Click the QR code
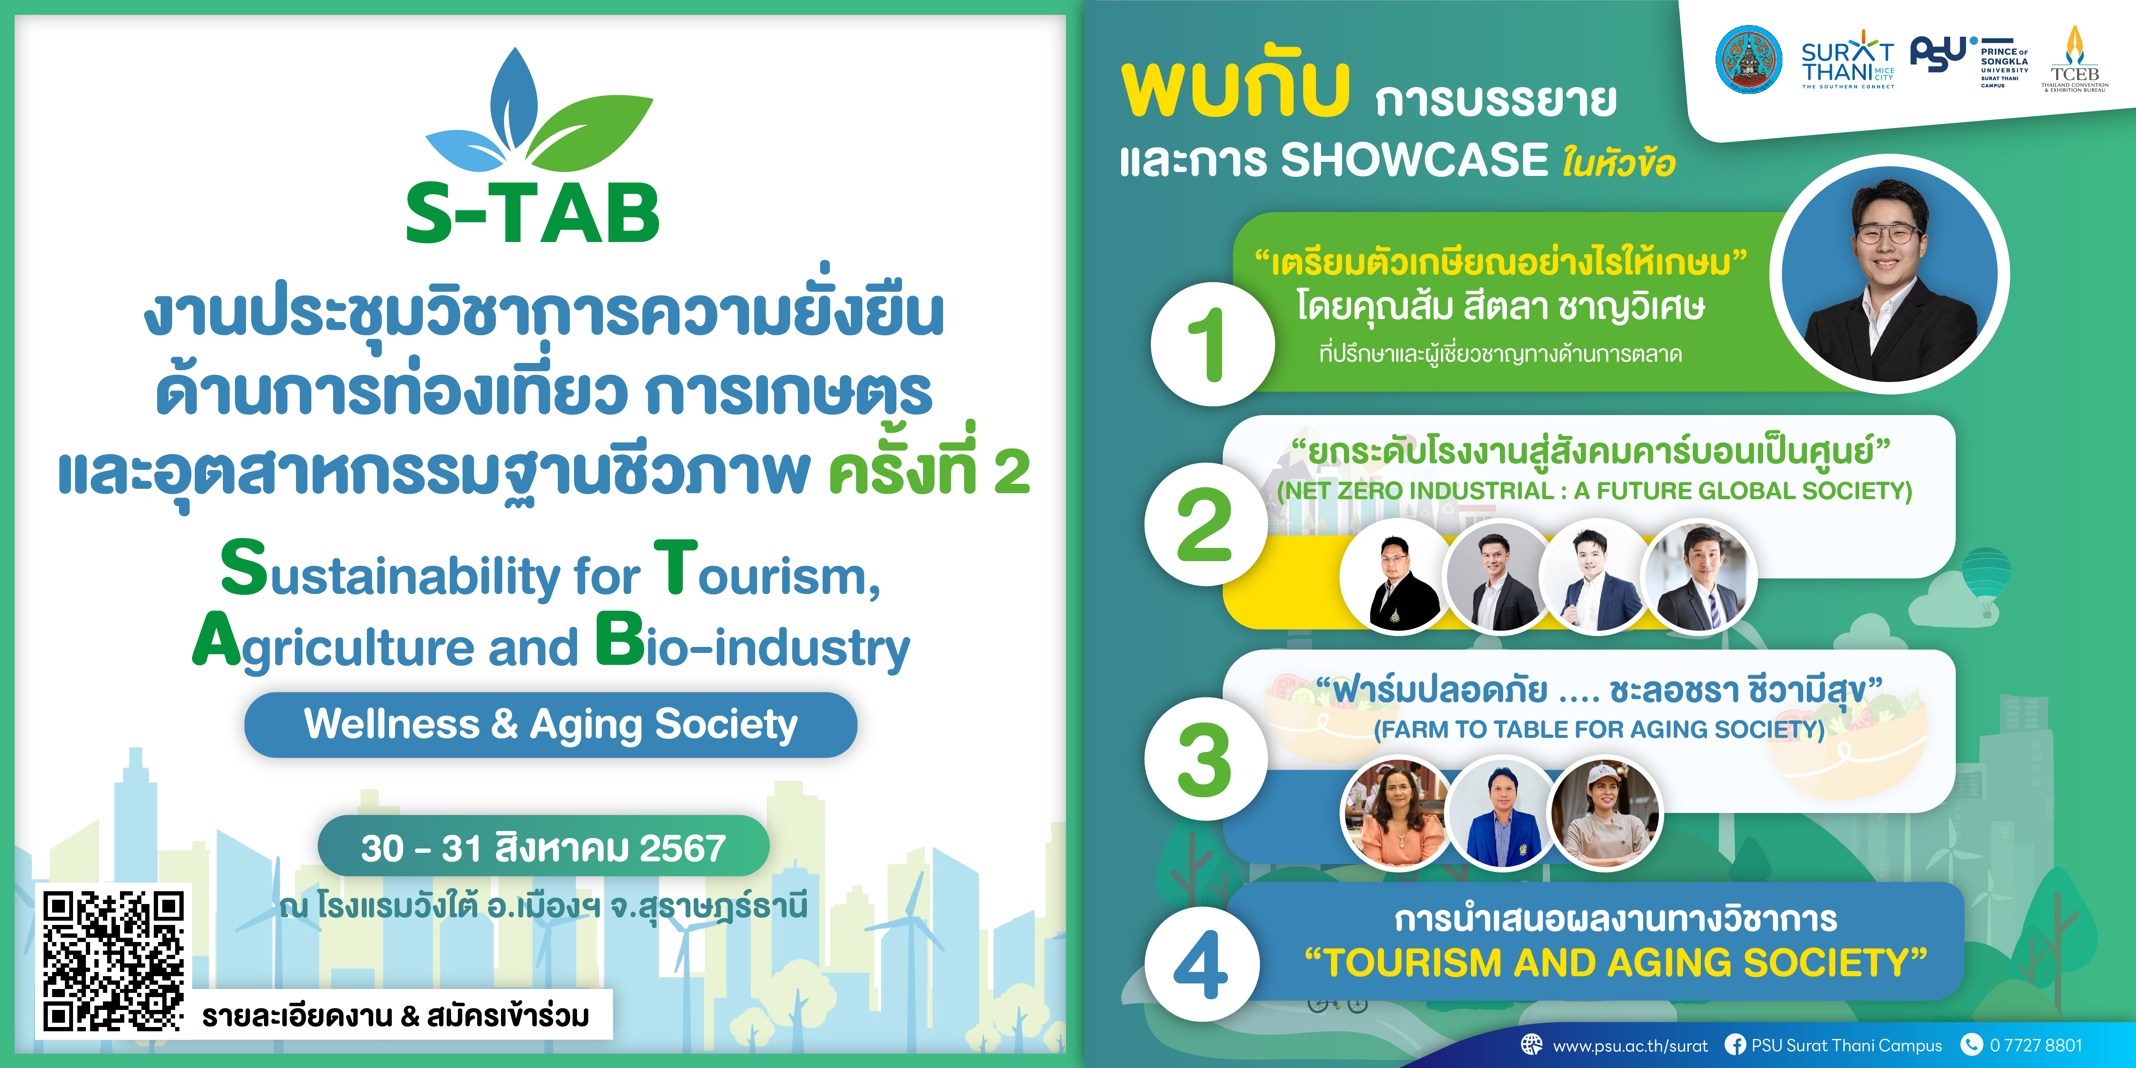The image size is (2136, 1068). click(114, 962)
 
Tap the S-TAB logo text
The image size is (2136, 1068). click(532, 214)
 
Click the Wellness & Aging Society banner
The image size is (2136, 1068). click(551, 725)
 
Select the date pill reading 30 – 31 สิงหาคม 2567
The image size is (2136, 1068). click(543, 847)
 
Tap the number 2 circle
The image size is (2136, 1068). click(1206, 524)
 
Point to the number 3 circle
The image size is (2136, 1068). click(1206, 759)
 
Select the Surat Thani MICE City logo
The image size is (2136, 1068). click(1847, 60)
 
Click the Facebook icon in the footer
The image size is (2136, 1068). click(1735, 1045)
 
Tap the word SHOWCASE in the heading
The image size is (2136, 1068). click(1414, 160)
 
